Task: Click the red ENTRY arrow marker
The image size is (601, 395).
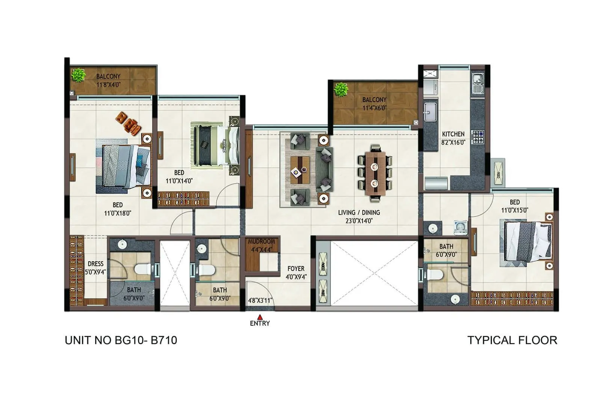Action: pyautogui.click(x=260, y=317)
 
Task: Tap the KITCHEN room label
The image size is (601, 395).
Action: pyautogui.click(x=453, y=134)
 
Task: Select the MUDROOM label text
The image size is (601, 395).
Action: pyautogui.click(x=261, y=241)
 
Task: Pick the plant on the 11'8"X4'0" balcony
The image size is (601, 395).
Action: pyautogui.click(x=79, y=75)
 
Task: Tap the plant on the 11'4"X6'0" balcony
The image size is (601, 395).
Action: pyautogui.click(x=341, y=90)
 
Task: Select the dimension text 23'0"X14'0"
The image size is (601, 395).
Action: pyautogui.click(x=359, y=221)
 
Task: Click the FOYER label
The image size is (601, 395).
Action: pyautogui.click(x=296, y=268)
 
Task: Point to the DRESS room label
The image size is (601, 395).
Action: pyautogui.click(x=95, y=264)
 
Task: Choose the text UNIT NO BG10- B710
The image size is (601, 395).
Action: pyautogui.click(x=121, y=340)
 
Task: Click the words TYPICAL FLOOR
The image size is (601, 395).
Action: pyautogui.click(x=512, y=340)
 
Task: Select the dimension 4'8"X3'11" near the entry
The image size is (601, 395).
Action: pyautogui.click(x=260, y=300)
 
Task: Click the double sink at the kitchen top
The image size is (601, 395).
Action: pyautogui.click(x=478, y=83)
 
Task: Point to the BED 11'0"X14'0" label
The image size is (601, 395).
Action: pyautogui.click(x=179, y=176)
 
